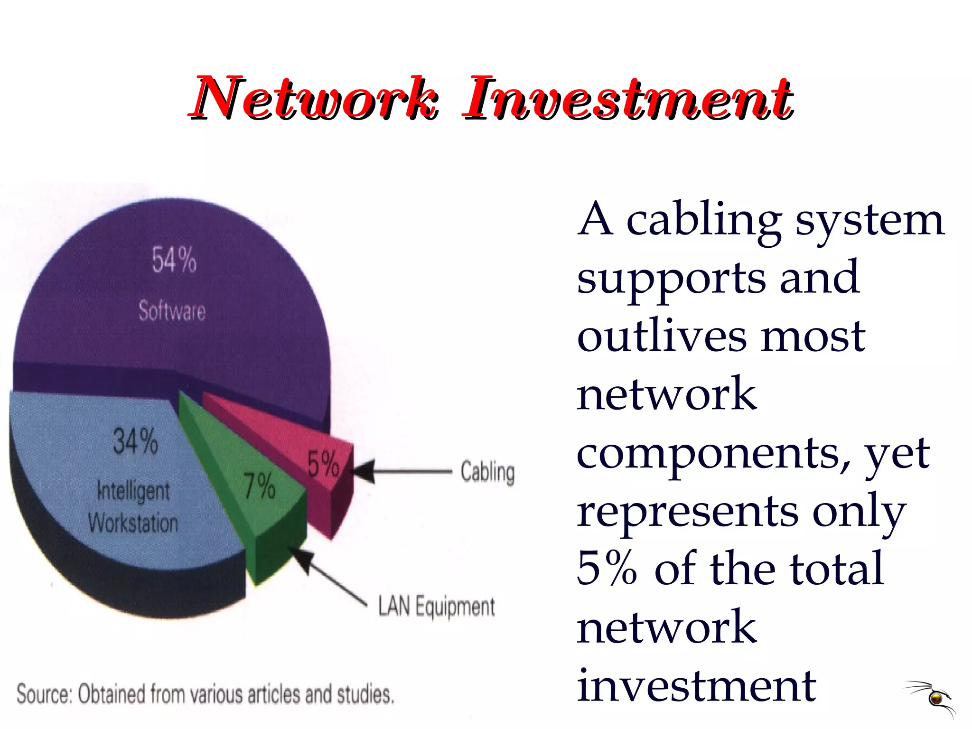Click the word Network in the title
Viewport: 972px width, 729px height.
tap(313, 98)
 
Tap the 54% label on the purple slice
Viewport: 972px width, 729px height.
tap(174, 260)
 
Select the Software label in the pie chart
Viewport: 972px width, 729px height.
tap(172, 311)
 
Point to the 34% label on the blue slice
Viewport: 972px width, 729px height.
tap(135, 441)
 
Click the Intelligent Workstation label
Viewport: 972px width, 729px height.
tap(133, 507)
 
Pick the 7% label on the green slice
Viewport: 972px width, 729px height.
tap(260, 486)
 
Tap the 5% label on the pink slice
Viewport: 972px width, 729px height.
tap(323, 464)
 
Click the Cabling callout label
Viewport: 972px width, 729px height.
tap(487, 472)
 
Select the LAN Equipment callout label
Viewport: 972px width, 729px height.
tap(436, 607)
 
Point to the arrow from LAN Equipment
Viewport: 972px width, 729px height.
tap(327, 577)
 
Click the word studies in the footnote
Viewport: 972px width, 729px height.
tap(365, 694)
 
